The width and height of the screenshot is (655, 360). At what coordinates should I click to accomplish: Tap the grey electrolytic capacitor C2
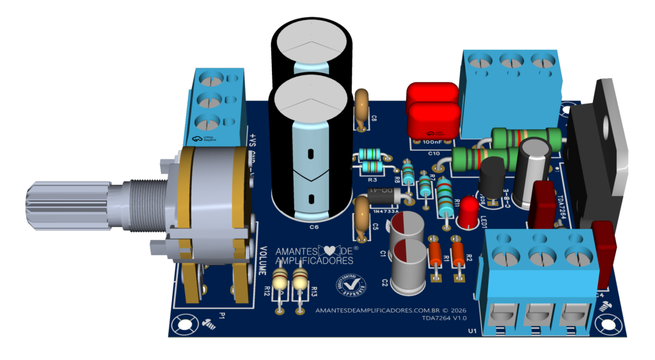pos(408,266)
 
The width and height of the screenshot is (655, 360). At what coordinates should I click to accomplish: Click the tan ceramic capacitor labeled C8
pos(361,105)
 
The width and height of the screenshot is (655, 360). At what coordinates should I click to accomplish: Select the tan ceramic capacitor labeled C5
pos(361,214)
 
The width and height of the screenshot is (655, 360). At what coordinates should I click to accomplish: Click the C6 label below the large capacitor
pos(314,227)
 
